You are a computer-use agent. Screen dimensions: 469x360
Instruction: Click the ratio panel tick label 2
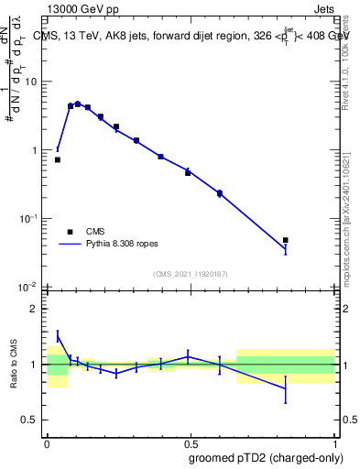pyautogui.click(x=34, y=309)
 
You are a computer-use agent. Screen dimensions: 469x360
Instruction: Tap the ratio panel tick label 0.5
pyautogui.click(x=30, y=420)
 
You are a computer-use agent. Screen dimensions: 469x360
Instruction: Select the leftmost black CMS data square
pyautogui.click(x=58, y=159)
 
